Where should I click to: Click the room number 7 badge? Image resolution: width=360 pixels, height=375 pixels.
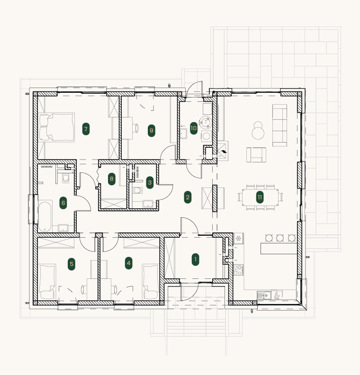(86, 129)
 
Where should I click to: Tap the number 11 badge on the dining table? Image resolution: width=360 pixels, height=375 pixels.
(260, 197)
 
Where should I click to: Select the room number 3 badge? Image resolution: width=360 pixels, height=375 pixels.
(150, 182)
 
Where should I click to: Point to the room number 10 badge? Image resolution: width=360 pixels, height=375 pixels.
(194, 128)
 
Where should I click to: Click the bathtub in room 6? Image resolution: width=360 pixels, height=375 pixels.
(45, 217)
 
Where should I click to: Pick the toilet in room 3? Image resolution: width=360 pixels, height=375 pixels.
(137, 190)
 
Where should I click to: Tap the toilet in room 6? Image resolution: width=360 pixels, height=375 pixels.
(65, 178)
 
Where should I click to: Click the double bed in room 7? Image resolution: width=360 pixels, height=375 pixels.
(57, 127)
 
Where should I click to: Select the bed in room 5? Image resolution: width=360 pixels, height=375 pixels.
(47, 282)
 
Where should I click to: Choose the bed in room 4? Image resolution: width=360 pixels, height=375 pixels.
(151, 282)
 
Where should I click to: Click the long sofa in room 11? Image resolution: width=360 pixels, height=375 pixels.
(279, 125)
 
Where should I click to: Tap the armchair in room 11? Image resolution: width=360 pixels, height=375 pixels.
(256, 155)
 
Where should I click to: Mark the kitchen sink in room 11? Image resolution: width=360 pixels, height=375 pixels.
(264, 295)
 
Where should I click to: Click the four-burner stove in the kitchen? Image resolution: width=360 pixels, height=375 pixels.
(238, 269)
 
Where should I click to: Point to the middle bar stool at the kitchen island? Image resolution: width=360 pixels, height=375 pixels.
(280, 238)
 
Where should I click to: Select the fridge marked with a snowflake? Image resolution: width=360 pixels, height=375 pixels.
(238, 239)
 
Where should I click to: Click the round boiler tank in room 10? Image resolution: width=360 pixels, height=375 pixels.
(206, 122)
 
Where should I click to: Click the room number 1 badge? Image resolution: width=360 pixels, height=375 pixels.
(196, 259)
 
